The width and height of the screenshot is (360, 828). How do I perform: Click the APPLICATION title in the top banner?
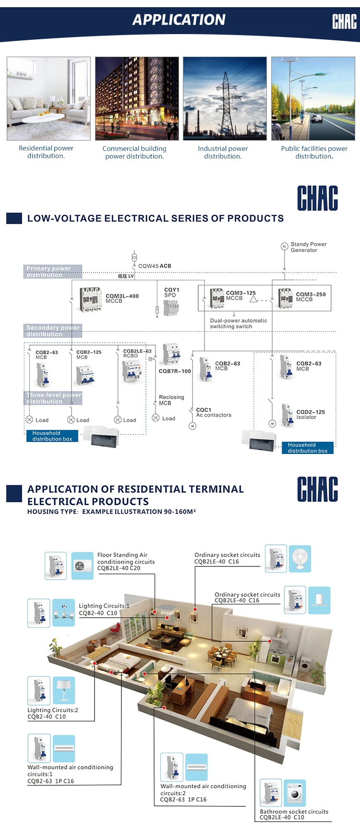(x=179, y=20)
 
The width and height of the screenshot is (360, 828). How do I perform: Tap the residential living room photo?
(x=48, y=98)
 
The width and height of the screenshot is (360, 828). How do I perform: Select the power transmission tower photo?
(x=225, y=98)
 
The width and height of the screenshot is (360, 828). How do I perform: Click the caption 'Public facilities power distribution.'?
(x=314, y=152)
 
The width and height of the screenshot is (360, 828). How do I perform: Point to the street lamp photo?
(x=313, y=98)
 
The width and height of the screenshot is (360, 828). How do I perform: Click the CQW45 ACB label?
(x=155, y=266)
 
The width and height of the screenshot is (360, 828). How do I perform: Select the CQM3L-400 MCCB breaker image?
(x=91, y=300)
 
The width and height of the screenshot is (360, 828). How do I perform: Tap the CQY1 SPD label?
(x=171, y=292)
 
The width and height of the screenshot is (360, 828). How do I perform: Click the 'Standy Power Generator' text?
(x=308, y=247)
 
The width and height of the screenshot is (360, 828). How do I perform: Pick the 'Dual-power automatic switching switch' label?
(x=239, y=324)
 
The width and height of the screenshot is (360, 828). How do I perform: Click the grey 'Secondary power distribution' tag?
(x=53, y=331)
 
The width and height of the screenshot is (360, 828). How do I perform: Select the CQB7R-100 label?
(x=175, y=371)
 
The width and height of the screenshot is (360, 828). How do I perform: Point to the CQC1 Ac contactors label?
(x=214, y=412)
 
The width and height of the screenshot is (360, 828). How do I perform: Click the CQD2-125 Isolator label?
(x=311, y=415)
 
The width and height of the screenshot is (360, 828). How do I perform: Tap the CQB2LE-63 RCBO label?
(x=137, y=353)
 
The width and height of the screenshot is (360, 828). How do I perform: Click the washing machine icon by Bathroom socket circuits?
(x=295, y=793)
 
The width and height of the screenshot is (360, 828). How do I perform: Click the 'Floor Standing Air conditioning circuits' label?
(x=126, y=561)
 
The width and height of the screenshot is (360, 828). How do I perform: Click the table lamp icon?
(x=64, y=690)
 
